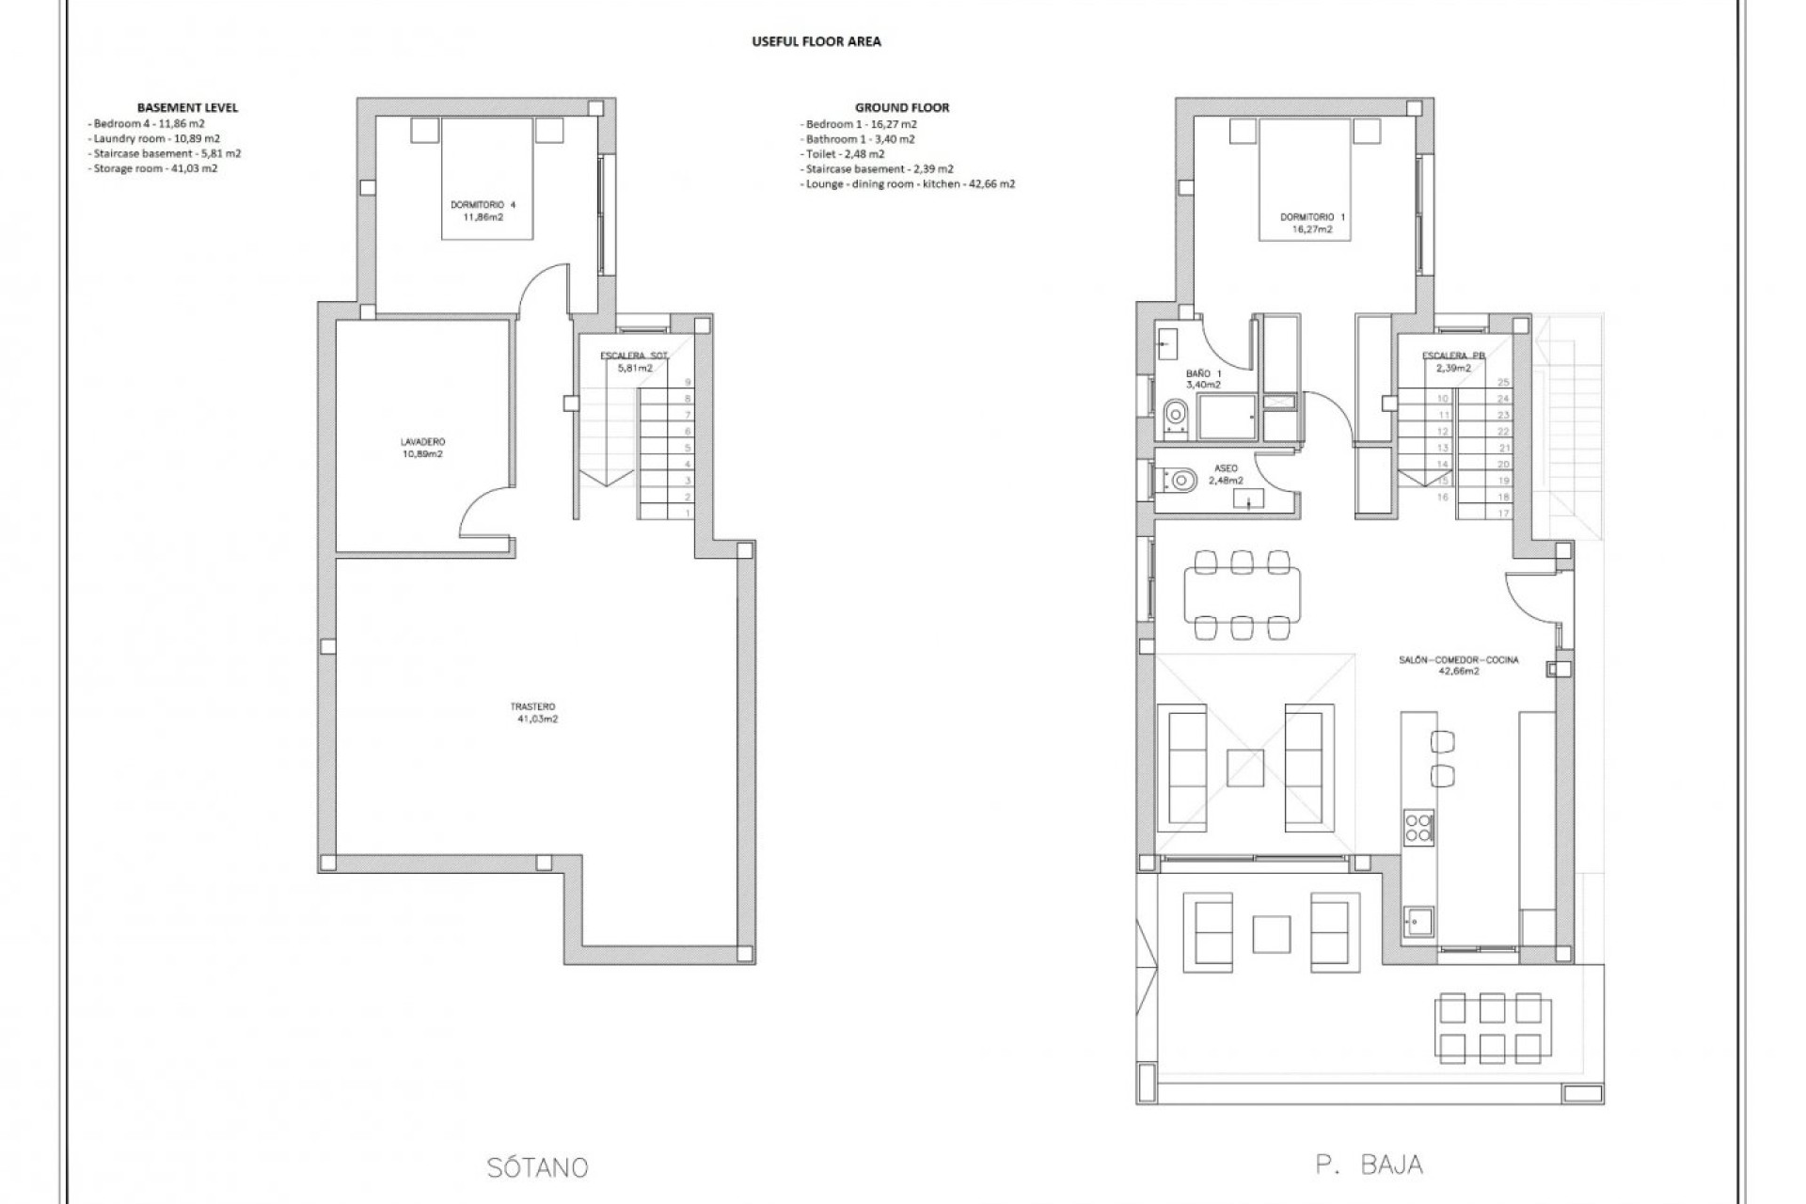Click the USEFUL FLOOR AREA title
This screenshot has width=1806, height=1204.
pyautogui.click(x=816, y=41)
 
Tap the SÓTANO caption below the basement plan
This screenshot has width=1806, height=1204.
pyautogui.click(x=538, y=1168)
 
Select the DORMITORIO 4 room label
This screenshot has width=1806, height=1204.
pyautogui.click(x=483, y=211)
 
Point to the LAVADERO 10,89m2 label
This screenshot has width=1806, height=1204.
pyautogui.click(x=422, y=448)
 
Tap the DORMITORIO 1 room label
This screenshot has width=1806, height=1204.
pyautogui.click(x=1312, y=223)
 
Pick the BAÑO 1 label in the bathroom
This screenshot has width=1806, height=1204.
pyautogui.click(x=1204, y=379)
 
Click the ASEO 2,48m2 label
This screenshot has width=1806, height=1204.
pyautogui.click(x=1227, y=474)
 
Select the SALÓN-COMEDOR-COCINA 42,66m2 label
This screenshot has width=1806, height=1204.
pyautogui.click(x=1458, y=666)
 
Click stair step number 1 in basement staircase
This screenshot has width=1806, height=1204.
pyautogui.click(x=688, y=513)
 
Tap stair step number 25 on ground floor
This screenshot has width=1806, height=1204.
pyautogui.click(x=1502, y=382)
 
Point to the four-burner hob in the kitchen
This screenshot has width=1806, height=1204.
pyautogui.click(x=1418, y=827)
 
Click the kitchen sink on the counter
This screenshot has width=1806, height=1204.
pyautogui.click(x=1418, y=923)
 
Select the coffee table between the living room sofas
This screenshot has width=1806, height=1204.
pyautogui.click(x=1244, y=768)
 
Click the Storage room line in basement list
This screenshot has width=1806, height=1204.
pyautogui.click(x=155, y=168)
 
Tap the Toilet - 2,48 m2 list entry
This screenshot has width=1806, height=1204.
pyautogui.click(x=844, y=153)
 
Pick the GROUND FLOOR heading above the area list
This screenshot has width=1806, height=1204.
pyautogui.click(x=901, y=107)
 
